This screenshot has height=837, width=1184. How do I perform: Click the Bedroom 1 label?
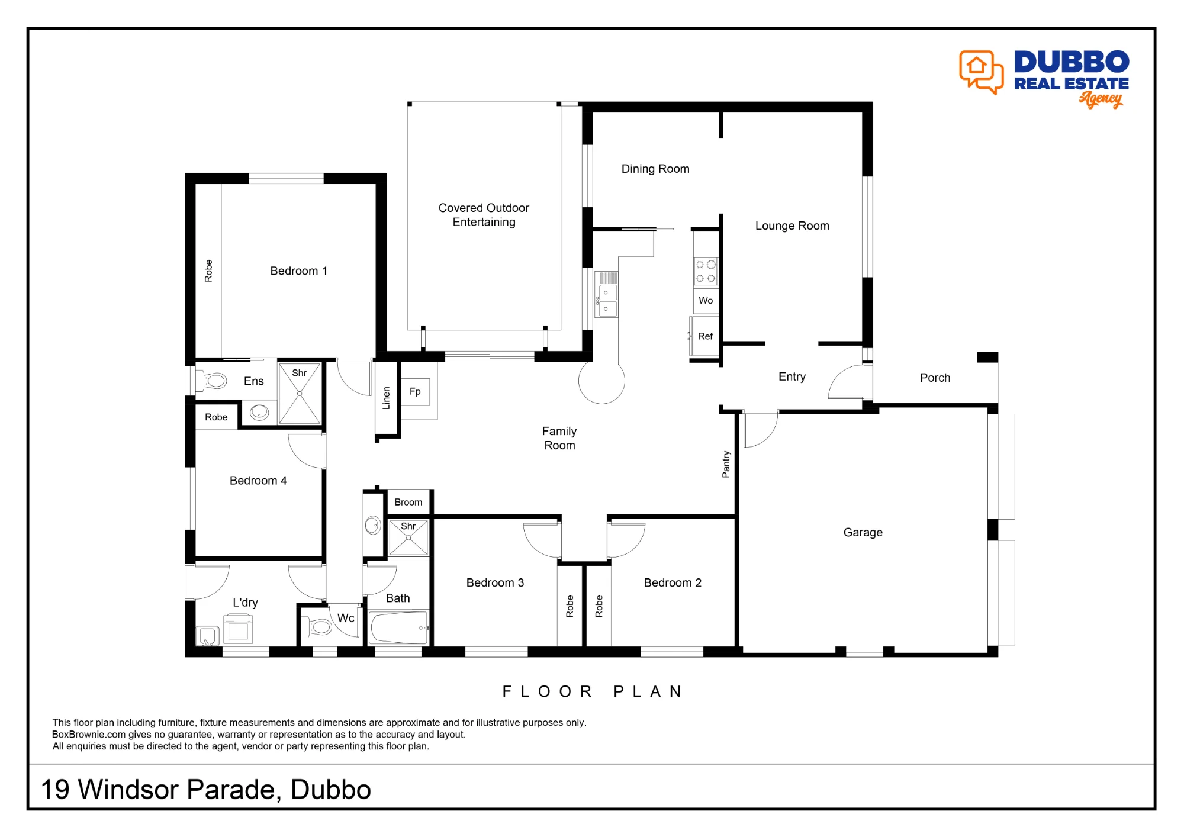pyautogui.click(x=298, y=271)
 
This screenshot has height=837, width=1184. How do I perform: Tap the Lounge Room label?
pyautogui.click(x=792, y=226)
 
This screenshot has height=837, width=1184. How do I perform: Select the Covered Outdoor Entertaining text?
pyautogui.click(x=484, y=215)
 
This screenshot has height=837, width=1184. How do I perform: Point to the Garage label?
pyautogui.click(x=863, y=533)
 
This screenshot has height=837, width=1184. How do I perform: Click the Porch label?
pyautogui.click(x=935, y=378)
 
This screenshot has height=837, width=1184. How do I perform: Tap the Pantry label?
pyautogui.click(x=726, y=464)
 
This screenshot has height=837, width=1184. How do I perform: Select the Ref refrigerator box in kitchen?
pyautogui.click(x=704, y=336)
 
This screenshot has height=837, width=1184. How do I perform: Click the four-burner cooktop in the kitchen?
pyautogui.click(x=706, y=272)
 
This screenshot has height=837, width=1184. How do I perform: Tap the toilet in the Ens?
pyautogui.click(x=212, y=381)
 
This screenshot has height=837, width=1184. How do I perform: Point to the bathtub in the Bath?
pyautogui.click(x=399, y=627)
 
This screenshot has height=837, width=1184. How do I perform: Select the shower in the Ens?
pyautogui.click(x=300, y=394)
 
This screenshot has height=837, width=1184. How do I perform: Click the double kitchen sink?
pyautogui.click(x=607, y=301)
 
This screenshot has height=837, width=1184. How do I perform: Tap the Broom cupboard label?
pyautogui.click(x=408, y=502)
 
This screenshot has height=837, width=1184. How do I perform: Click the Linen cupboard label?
pyautogui.click(x=387, y=398)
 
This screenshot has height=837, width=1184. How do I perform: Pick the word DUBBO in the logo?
pyautogui.click(x=1072, y=62)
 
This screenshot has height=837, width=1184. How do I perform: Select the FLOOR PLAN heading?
pyautogui.click(x=593, y=691)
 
